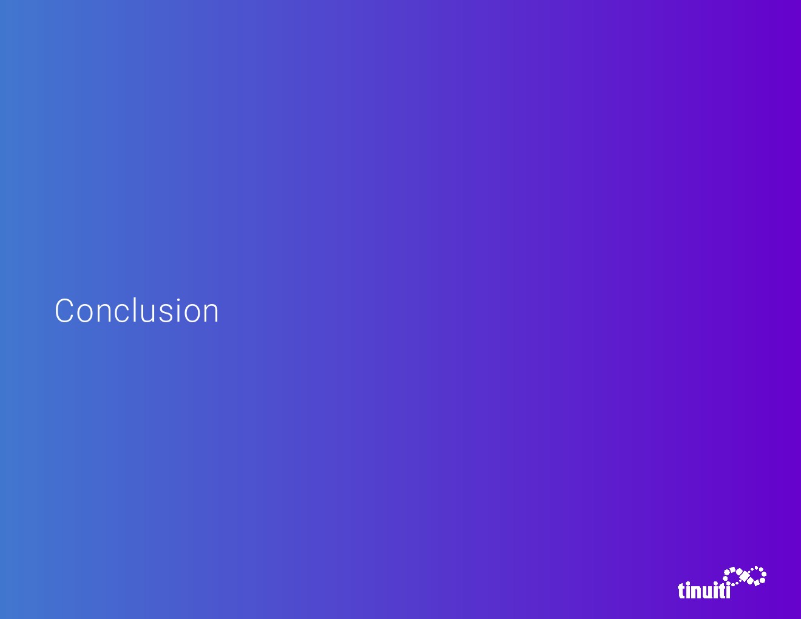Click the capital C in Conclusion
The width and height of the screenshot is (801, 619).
pyautogui.click(x=64, y=311)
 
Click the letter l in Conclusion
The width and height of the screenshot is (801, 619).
pyautogui.click(x=138, y=309)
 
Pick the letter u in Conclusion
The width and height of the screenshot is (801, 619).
pyautogui.click(x=152, y=314)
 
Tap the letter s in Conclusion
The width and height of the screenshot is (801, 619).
pyautogui.click(x=171, y=314)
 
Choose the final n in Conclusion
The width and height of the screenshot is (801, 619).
pyautogui.click(x=212, y=314)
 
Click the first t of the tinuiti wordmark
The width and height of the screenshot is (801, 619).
pyautogui.click(x=682, y=591)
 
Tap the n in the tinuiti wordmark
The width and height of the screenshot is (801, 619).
pyautogui.click(x=697, y=592)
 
